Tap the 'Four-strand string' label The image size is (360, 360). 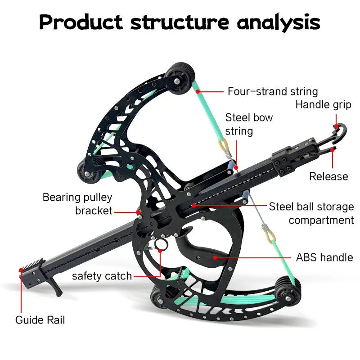coord(273,91)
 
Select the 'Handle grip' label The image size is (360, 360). coord(323,105)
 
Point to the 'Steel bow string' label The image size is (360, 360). coord(249,124)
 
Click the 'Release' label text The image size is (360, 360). coord(328,176)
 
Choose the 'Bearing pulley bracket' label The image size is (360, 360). coord(77,203)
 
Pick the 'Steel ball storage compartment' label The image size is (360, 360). coord(311,213)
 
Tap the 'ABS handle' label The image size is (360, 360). coord(324,257)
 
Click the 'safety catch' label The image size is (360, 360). coord(102,275)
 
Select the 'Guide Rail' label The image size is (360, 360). coord(40,320)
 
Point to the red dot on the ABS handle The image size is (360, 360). coord(215,257)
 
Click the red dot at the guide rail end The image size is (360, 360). coord(21,270)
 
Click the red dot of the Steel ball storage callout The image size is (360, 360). coord(193,205)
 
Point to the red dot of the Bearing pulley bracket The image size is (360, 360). coord(139,210)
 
